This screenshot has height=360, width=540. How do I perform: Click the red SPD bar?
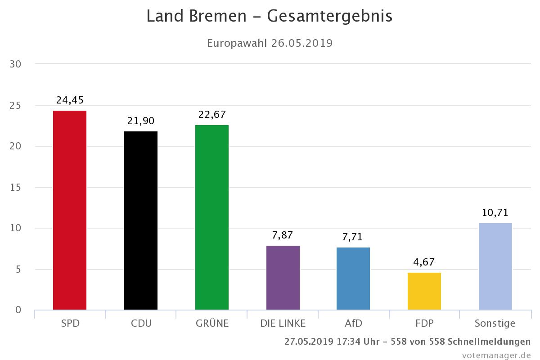click(x=70, y=210)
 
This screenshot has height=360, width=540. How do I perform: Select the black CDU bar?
click(x=141, y=220)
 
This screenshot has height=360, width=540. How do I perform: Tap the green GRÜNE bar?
click(x=212, y=217)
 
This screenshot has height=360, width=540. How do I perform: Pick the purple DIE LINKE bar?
click(x=283, y=278)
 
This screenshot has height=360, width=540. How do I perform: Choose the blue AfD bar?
click(x=353, y=279)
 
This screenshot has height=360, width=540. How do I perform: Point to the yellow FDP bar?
click(x=424, y=291)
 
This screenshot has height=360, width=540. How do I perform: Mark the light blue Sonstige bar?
click(x=495, y=266)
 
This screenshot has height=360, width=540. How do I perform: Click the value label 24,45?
click(x=70, y=100)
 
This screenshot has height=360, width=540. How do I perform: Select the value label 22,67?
click(x=212, y=115)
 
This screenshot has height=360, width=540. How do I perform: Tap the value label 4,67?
click(x=424, y=262)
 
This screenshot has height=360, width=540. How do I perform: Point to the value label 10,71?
click(x=495, y=213)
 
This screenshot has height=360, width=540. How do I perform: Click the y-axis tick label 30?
click(x=16, y=64)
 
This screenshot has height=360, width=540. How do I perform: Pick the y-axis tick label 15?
click(x=16, y=187)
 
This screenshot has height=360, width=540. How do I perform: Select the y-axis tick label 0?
click(x=18, y=310)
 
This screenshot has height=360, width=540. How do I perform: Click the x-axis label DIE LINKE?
click(x=283, y=324)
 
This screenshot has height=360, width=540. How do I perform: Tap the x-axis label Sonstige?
click(x=495, y=324)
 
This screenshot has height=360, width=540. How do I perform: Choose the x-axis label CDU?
click(x=141, y=324)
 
